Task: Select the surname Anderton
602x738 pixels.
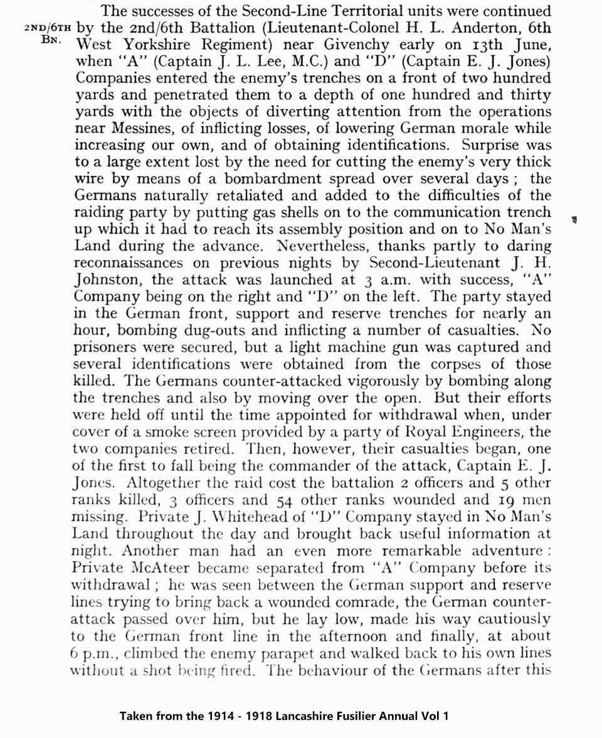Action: [x=472, y=28]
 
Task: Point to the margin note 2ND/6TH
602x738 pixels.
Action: [x=48, y=29]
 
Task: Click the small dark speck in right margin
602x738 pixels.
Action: [x=574, y=219]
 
